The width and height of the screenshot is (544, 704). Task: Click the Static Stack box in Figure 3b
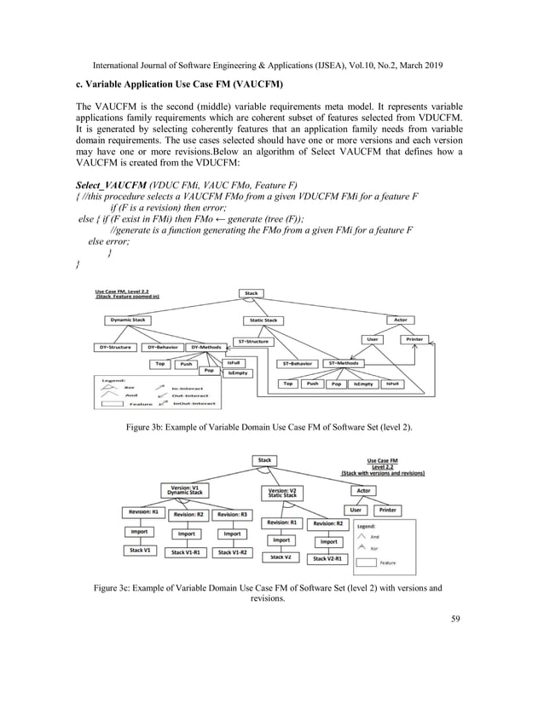click(x=263, y=320)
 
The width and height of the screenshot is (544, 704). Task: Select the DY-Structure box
click(x=112, y=347)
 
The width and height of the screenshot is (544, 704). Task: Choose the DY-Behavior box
click(x=162, y=347)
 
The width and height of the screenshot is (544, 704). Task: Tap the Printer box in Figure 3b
click(x=414, y=338)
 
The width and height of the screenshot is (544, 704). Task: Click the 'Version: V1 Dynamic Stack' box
click(x=180, y=491)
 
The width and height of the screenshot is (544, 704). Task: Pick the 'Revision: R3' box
click(x=233, y=515)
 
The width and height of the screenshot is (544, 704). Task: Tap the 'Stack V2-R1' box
click(x=328, y=558)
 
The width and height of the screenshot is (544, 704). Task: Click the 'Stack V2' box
click(x=280, y=557)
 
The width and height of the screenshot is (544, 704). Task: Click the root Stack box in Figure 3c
click(x=264, y=460)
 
